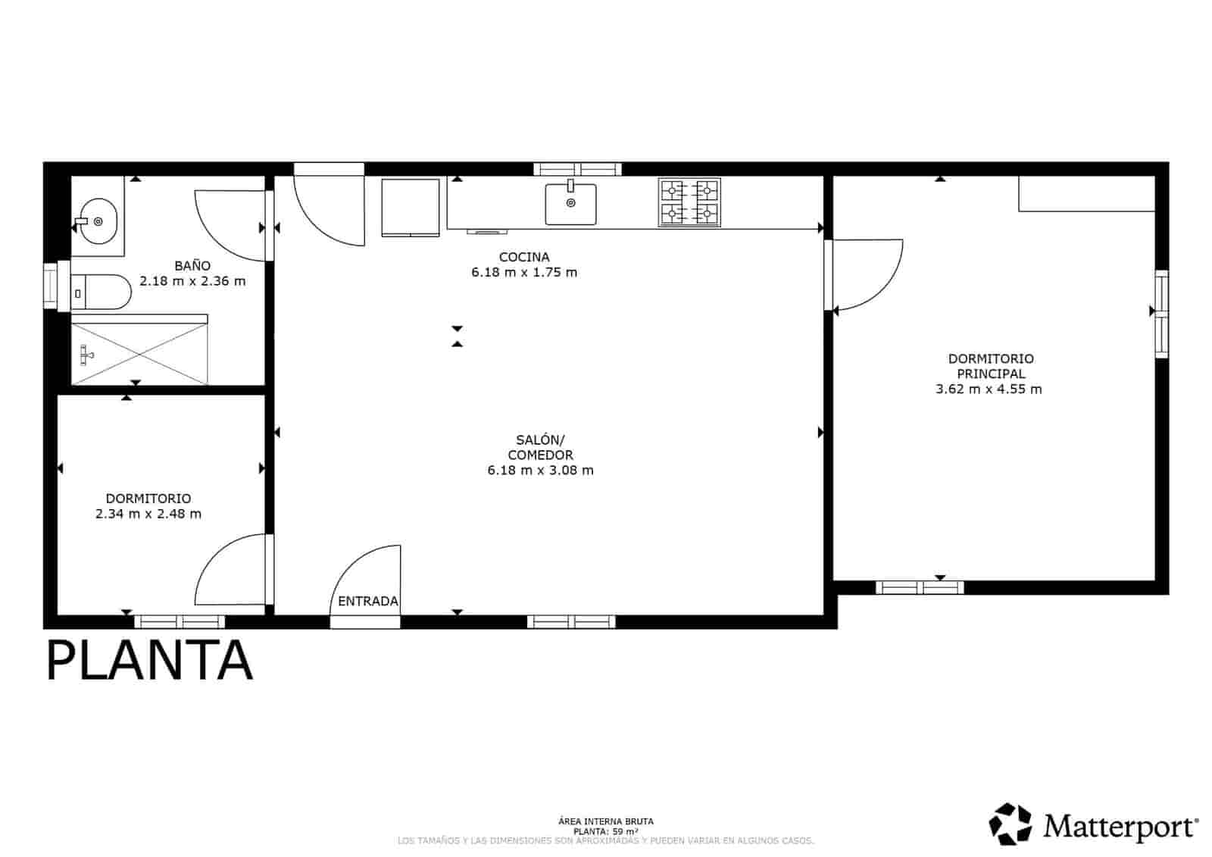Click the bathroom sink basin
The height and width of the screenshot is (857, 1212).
click(98, 221)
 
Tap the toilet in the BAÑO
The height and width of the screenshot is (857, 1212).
click(102, 292)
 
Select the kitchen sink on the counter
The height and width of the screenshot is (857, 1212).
click(570, 204)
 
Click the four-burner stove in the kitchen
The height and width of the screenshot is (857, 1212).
click(689, 202)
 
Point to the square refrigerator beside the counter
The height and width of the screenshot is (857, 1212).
click(411, 208)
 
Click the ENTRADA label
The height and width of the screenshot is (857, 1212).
click(368, 602)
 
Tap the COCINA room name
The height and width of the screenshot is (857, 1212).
click(524, 258)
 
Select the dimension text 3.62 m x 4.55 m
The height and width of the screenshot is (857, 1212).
click(989, 389)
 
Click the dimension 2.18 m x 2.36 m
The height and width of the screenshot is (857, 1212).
click(192, 281)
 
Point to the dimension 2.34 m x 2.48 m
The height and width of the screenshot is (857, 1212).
click(148, 514)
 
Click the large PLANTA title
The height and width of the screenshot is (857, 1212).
click(149, 660)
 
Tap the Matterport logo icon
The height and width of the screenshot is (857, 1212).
click(1011, 824)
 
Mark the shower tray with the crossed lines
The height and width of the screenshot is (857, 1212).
click(141, 353)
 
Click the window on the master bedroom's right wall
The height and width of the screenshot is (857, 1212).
click(1161, 314)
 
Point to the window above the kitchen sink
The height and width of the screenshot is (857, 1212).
click(577, 169)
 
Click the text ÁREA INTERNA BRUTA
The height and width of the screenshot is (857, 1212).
click(605, 821)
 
